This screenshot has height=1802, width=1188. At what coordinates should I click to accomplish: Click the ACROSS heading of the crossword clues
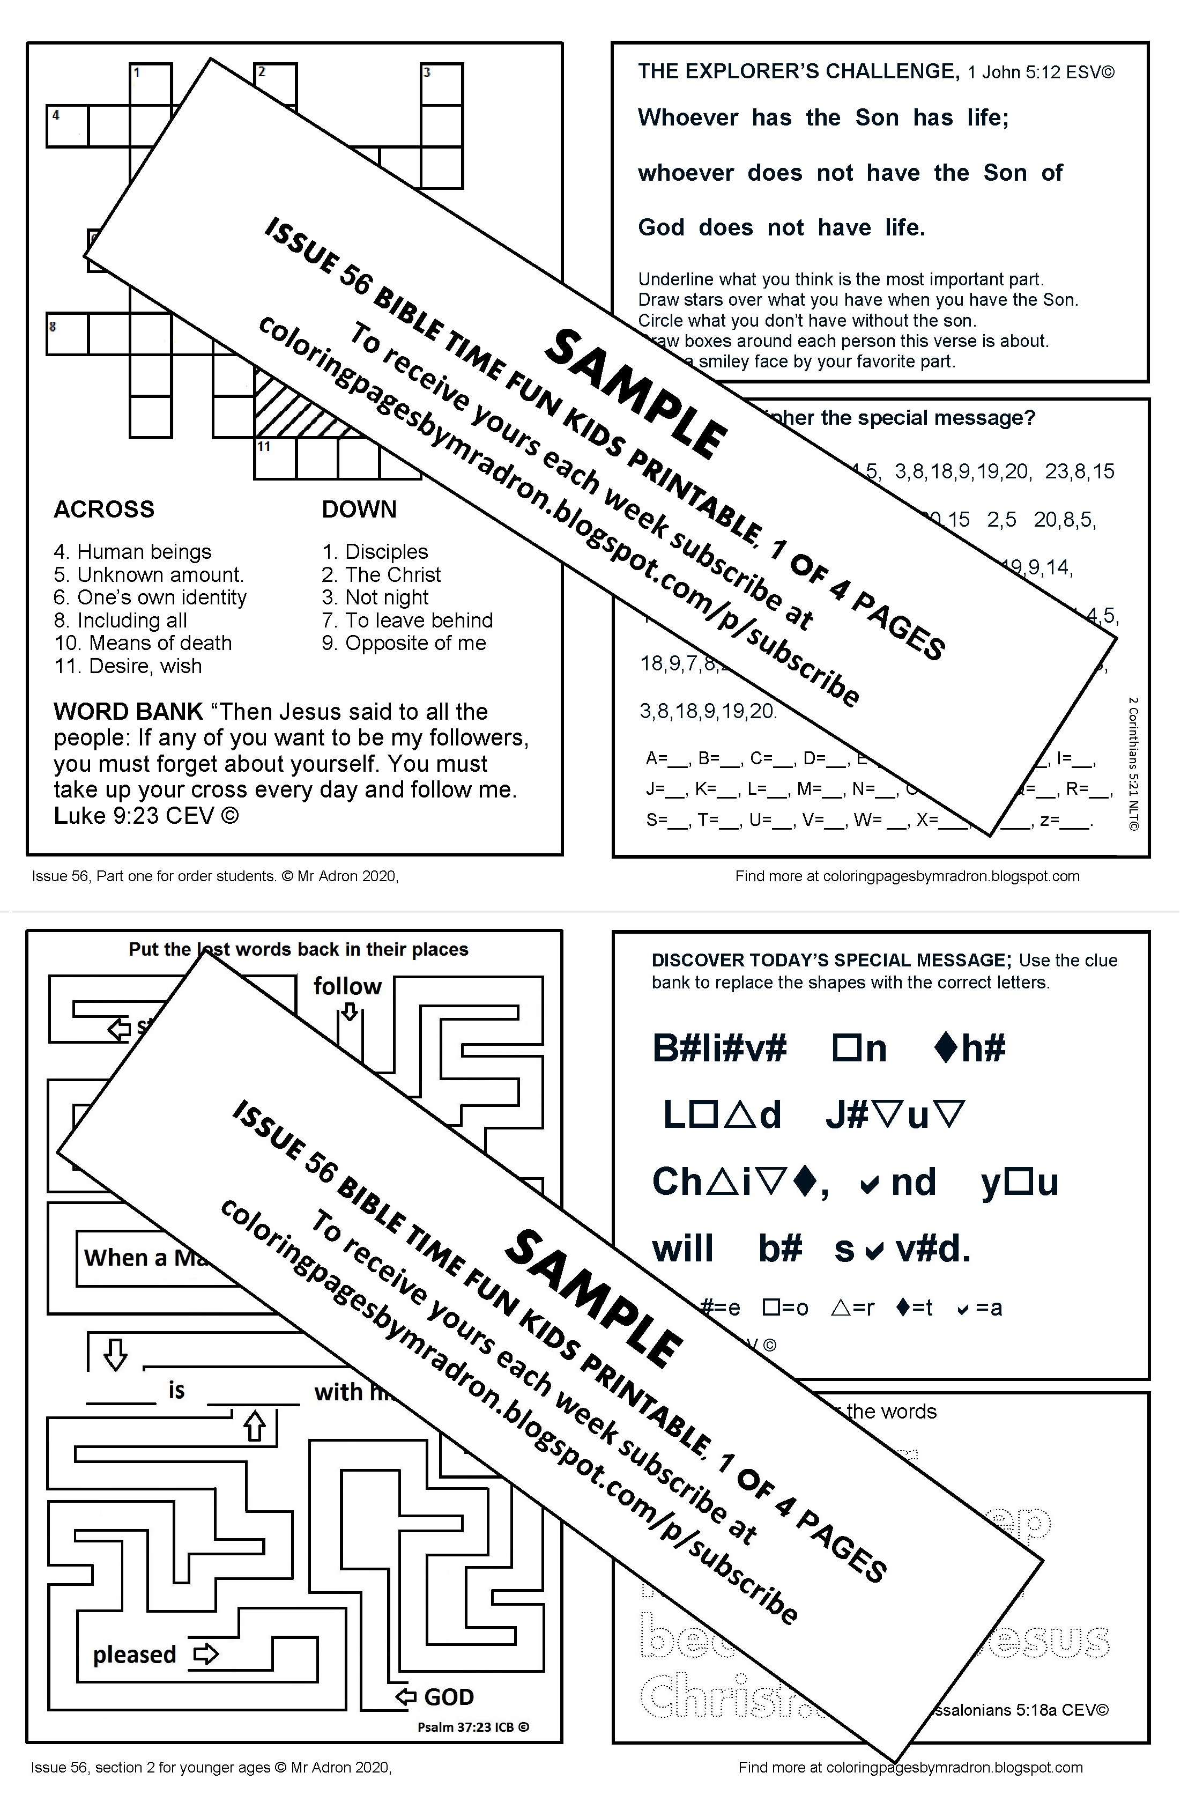tap(104, 509)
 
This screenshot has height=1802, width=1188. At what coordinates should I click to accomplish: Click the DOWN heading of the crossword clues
tap(359, 509)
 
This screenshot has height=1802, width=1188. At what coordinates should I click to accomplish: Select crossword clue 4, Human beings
tap(132, 552)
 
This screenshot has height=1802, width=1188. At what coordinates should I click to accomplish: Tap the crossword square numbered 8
tap(66, 334)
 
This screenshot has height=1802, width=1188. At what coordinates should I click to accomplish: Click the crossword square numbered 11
tap(273, 459)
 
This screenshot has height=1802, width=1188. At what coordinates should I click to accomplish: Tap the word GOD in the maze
tap(449, 1697)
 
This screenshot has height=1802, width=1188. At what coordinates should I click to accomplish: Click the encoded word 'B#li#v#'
tap(719, 1049)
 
